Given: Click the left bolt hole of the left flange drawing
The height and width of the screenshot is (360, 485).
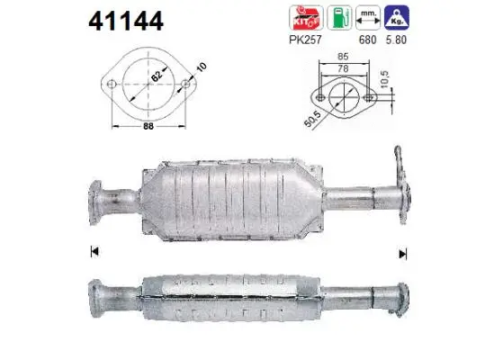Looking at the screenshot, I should pyautogui.click(x=113, y=87).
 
